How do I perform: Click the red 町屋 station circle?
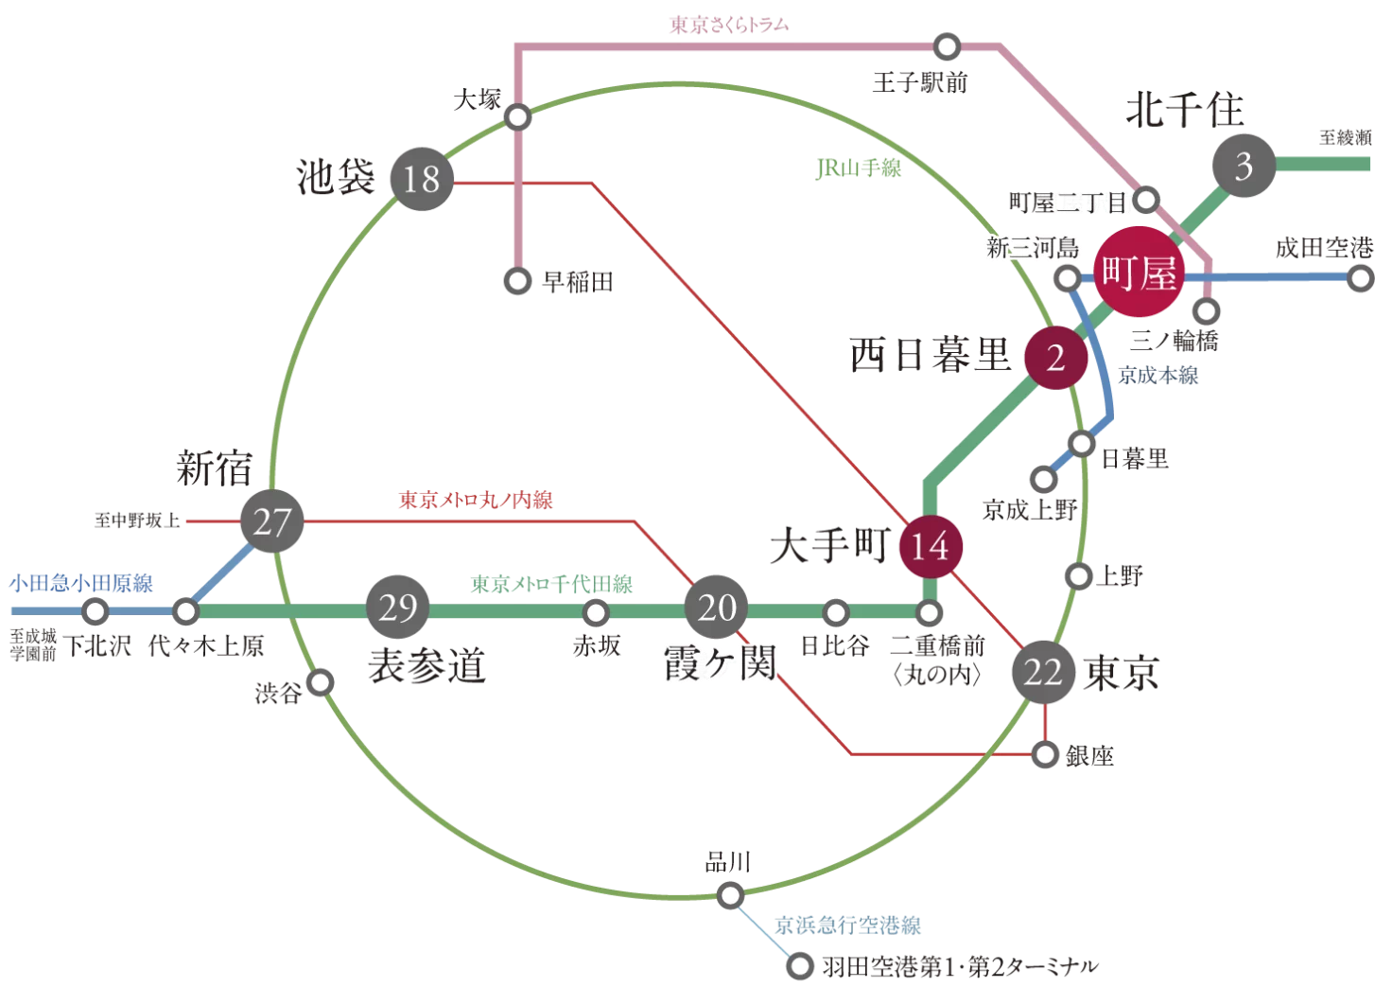tap(1139, 273)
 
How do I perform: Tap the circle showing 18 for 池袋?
tap(422, 179)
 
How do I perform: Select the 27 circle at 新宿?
tap(271, 521)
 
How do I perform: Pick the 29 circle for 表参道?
tap(397, 608)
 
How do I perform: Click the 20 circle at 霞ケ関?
tap(716, 608)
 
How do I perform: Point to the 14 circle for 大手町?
tap(930, 546)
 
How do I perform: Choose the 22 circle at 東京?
tap(1043, 672)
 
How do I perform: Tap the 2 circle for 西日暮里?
tap(1055, 358)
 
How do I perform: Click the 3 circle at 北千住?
tap(1244, 167)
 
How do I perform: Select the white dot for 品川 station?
tap(730, 894)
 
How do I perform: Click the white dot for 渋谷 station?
tap(321, 682)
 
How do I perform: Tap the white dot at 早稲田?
tap(517, 281)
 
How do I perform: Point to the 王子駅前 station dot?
tap(947, 46)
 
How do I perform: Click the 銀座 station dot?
tap(1045, 754)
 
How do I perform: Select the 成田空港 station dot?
tap(1360, 278)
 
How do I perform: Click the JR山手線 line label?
tap(859, 169)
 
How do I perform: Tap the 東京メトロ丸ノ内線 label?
tap(476, 500)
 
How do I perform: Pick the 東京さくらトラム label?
tap(728, 26)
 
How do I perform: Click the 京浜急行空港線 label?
tap(847, 926)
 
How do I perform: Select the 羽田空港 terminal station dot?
tap(800, 966)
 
